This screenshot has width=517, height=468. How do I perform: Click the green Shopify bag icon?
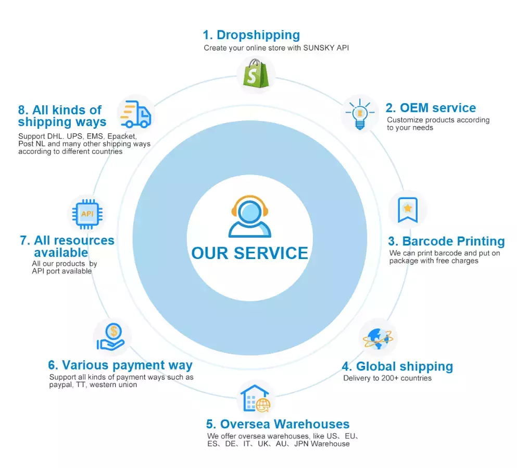coord(256,74)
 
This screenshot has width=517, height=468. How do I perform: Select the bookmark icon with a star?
coord(407,210)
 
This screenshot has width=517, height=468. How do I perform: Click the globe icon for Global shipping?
coord(378,338)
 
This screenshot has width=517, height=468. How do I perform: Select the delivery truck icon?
coord(135,114)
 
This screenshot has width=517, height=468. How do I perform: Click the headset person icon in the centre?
coord(249,216)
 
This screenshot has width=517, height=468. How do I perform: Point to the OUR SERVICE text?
coord(249,253)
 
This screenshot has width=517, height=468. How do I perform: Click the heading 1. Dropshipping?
coord(251,35)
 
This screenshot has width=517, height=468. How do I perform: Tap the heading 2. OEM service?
coord(431,108)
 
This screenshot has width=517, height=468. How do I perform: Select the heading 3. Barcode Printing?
coord(446,241)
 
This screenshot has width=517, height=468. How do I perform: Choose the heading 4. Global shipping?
coord(397,366)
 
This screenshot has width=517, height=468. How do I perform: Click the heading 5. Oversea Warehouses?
coord(278,424)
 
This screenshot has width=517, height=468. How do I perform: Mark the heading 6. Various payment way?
coord(120,365)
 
